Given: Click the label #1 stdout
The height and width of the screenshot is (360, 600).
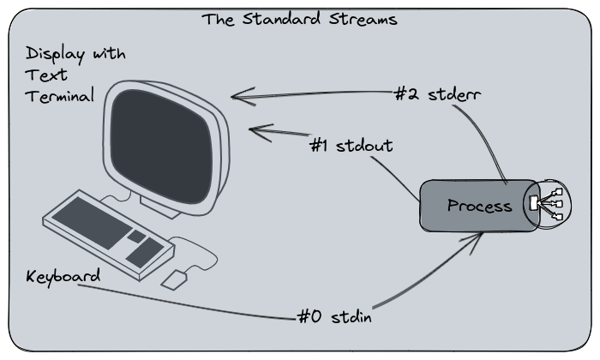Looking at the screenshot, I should (351, 145).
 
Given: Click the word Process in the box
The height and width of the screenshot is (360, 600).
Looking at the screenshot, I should (479, 206).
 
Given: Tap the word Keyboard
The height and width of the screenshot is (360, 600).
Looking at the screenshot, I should (63, 277).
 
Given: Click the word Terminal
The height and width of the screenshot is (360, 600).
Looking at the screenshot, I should (59, 96).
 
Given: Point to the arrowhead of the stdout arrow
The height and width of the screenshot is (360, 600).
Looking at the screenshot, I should (254, 130).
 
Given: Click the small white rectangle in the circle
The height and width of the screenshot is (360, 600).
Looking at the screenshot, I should (533, 204).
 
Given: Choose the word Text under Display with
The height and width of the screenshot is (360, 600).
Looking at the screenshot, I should (40, 75).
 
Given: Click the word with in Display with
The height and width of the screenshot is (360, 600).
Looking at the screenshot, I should (109, 55).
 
